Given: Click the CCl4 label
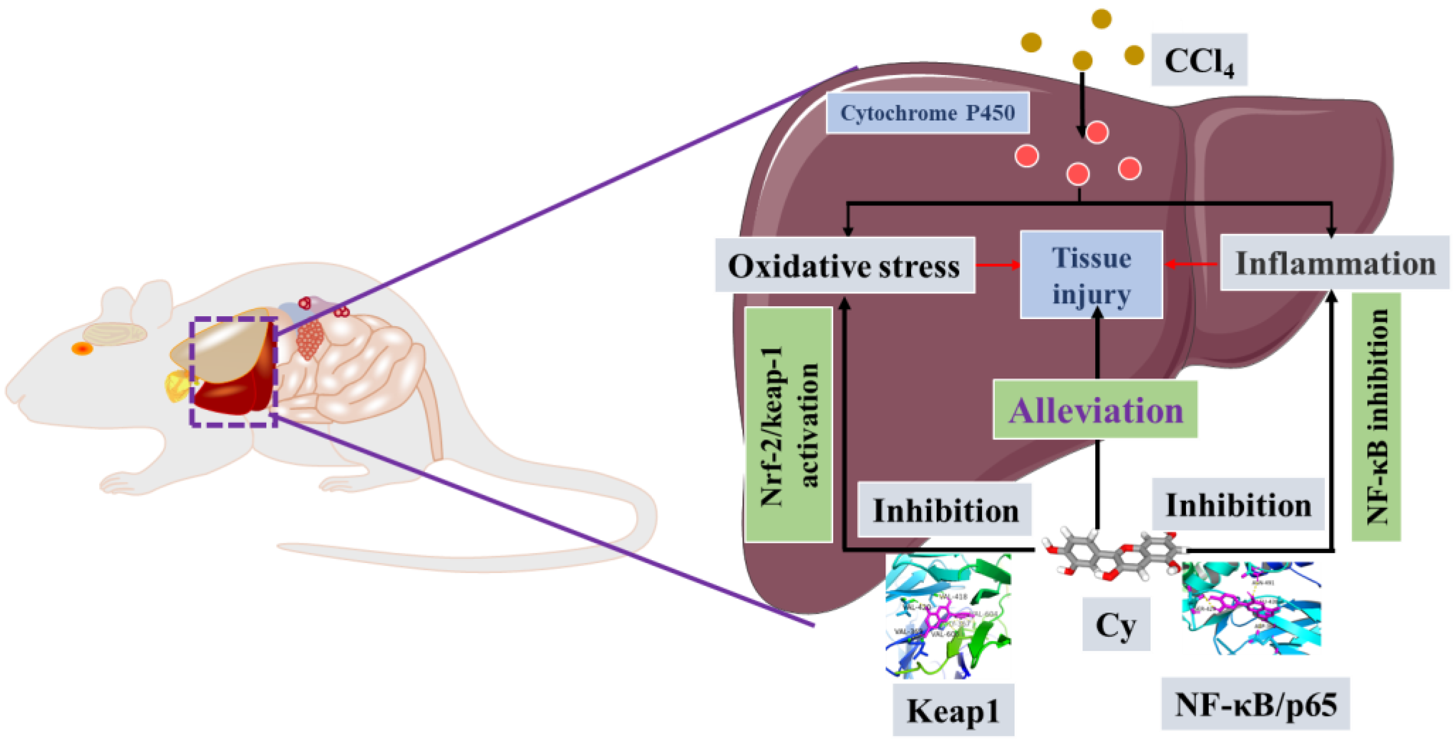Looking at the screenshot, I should coord(1199,60).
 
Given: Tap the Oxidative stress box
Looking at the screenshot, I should coord(845,265).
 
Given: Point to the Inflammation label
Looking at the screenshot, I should coord(1335,263).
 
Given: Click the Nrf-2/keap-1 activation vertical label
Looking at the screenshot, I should coord(788,425).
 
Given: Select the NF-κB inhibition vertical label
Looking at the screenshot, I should coord(1376,417).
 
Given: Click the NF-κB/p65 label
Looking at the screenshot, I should coord(1255,704).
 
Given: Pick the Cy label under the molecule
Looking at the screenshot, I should coord(1116,624).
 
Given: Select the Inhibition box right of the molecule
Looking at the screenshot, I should coord(1238,504).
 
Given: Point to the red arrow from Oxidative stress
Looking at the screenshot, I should coord(998,265).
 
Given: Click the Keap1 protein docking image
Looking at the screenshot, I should coord(948,616).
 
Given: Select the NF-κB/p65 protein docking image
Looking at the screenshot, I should coord(1251,607).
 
